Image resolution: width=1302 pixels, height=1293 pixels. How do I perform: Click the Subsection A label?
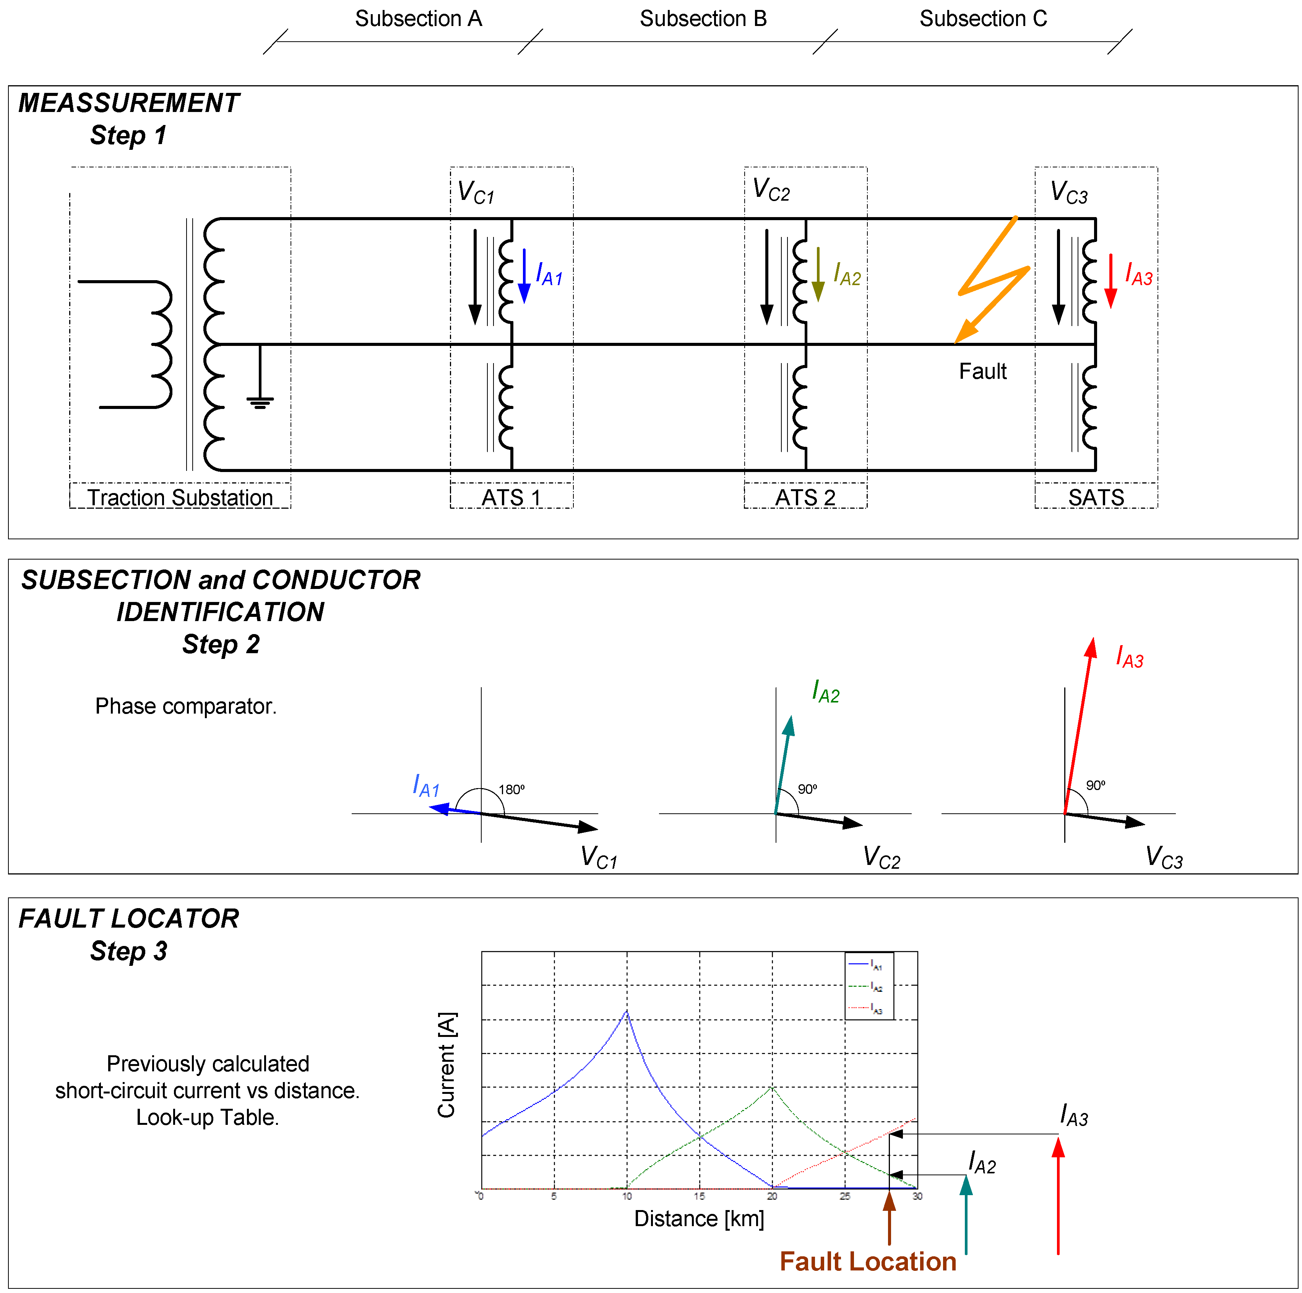(x=419, y=19)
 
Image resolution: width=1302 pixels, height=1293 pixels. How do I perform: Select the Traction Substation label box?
(x=180, y=497)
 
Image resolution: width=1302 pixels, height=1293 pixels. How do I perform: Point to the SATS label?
(x=1096, y=497)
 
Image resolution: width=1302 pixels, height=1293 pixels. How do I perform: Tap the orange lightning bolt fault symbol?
(x=993, y=280)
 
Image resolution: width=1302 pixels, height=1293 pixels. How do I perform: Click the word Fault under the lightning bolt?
(x=982, y=371)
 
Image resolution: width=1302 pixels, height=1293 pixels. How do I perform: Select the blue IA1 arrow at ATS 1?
(x=524, y=276)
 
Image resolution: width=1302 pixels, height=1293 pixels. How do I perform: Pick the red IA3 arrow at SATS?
(x=1110, y=282)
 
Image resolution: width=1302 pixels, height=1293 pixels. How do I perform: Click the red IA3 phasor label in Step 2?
(x=1130, y=657)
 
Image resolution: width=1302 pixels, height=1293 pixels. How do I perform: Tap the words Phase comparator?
(x=186, y=706)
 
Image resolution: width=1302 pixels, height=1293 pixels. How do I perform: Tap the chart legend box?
(x=869, y=986)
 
